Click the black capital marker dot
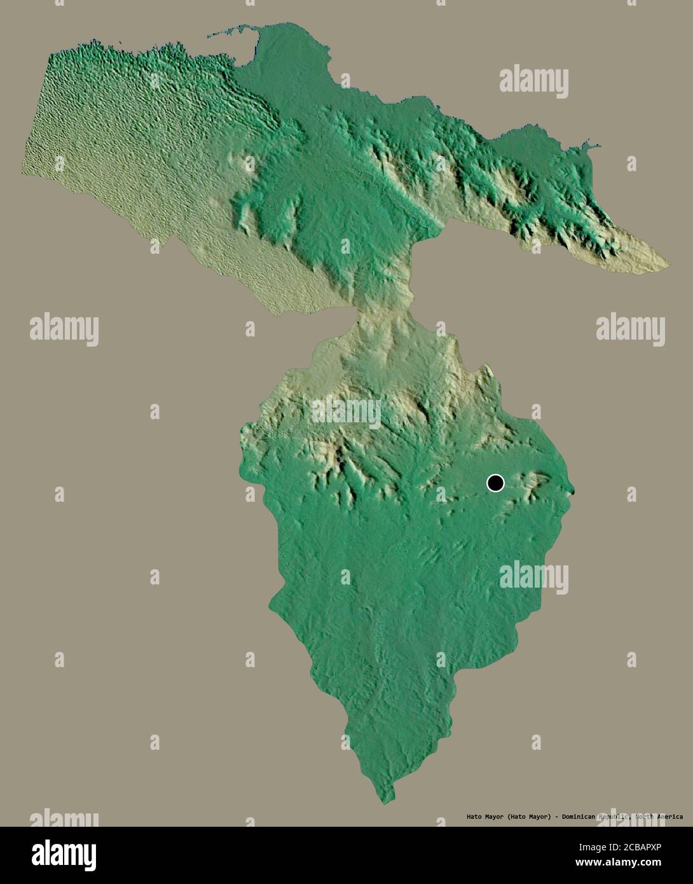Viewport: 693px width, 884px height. pos(495,483)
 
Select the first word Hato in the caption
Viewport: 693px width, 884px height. pos(474,817)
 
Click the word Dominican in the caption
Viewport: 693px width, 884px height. pos(579,817)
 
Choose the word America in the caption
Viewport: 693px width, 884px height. pos(671,817)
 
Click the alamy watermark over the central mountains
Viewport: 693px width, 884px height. pos(346,412)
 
